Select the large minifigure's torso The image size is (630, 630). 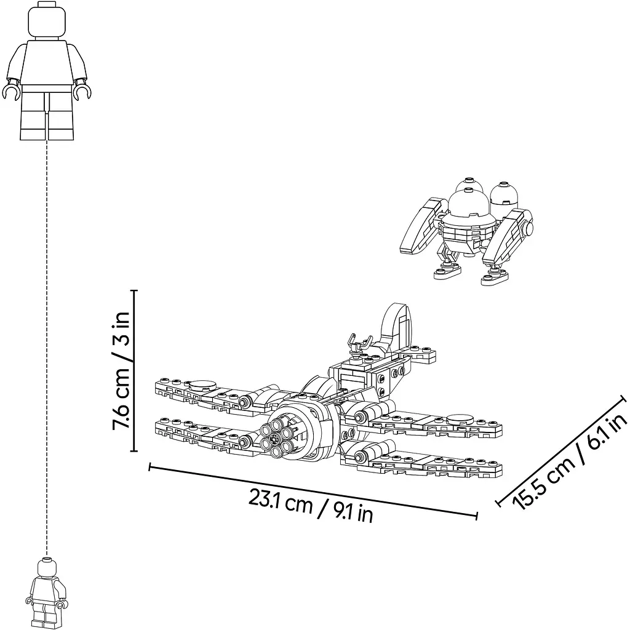click(47, 62)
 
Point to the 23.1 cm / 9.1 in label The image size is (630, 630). click(311, 504)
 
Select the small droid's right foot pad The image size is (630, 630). click(494, 277)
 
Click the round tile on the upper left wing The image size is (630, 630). click(202, 386)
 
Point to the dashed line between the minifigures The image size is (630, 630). click(47, 348)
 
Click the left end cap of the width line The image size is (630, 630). click(150, 467)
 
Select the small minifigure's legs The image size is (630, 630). click(46, 615)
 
